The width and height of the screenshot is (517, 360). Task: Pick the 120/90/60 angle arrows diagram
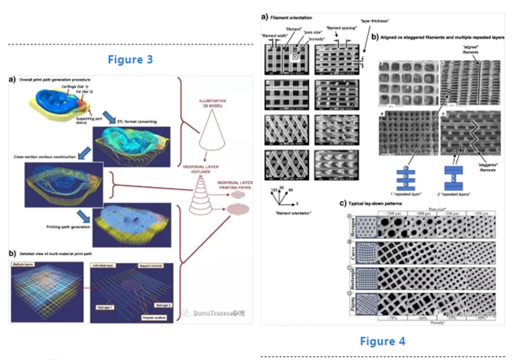281,194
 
